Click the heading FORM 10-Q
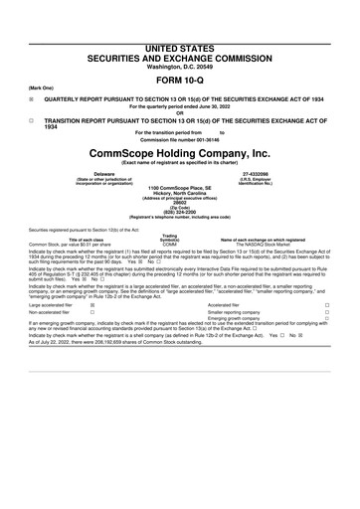coord(179,80)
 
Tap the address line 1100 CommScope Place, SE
coord(179,186)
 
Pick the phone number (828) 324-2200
coord(179,210)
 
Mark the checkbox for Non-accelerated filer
coord(92,312)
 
